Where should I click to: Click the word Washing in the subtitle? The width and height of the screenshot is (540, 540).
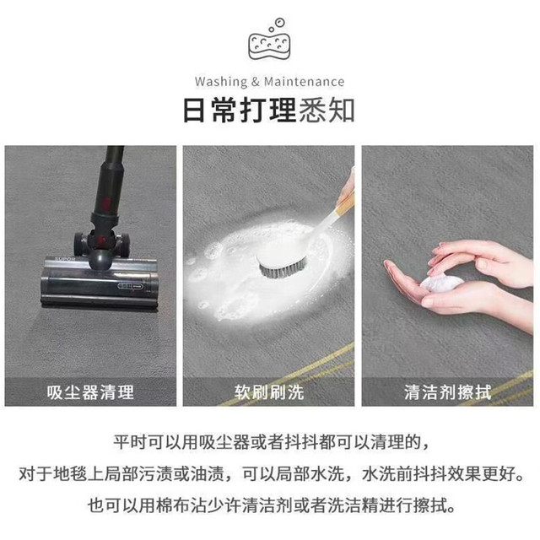(x=221, y=82)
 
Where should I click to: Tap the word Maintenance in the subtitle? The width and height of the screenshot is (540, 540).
(x=304, y=82)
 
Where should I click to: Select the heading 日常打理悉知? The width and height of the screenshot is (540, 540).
(x=268, y=110)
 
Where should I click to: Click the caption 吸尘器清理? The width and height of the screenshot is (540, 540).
(x=90, y=392)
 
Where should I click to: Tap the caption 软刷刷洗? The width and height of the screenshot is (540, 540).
(x=269, y=392)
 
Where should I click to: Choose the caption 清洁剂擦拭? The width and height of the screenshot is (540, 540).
(x=447, y=392)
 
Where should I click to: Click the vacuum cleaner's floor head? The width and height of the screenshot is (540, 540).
(x=100, y=281)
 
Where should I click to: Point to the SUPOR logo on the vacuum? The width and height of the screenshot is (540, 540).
(x=65, y=259)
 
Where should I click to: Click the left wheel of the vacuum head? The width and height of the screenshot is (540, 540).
(x=79, y=244)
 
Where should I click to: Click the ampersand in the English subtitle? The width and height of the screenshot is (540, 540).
(x=255, y=82)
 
